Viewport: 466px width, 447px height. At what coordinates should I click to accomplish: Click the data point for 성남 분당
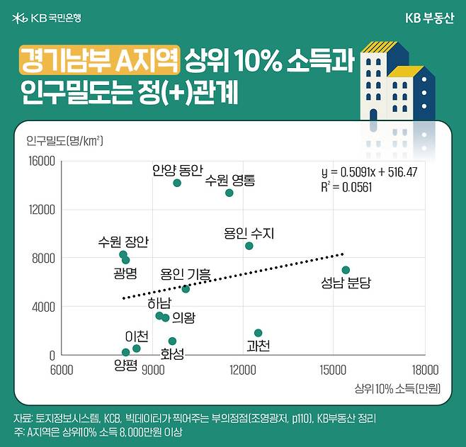[x=346, y=270]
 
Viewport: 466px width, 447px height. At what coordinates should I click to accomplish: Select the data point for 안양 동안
[x=177, y=183]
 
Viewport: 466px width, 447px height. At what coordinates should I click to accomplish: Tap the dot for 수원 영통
[x=229, y=193]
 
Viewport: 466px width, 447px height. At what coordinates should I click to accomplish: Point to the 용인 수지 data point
[x=249, y=246]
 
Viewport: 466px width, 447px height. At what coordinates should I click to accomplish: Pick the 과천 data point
[x=258, y=333]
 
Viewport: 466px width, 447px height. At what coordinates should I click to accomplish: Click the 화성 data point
[x=172, y=341]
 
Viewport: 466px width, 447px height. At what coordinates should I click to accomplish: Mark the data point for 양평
[x=126, y=352]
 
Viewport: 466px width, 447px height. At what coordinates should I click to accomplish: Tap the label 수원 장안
[x=124, y=242]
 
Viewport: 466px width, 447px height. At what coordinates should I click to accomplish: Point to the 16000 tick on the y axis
[x=42, y=162]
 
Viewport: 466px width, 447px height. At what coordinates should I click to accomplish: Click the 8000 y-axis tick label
[x=44, y=259]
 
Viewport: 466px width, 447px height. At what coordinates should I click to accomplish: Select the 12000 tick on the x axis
[x=243, y=370]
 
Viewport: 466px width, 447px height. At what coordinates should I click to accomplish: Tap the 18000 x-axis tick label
[x=424, y=370]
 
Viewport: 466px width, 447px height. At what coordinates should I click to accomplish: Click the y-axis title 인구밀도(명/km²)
[x=64, y=140]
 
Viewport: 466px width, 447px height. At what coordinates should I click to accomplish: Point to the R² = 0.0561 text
[x=347, y=187]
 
